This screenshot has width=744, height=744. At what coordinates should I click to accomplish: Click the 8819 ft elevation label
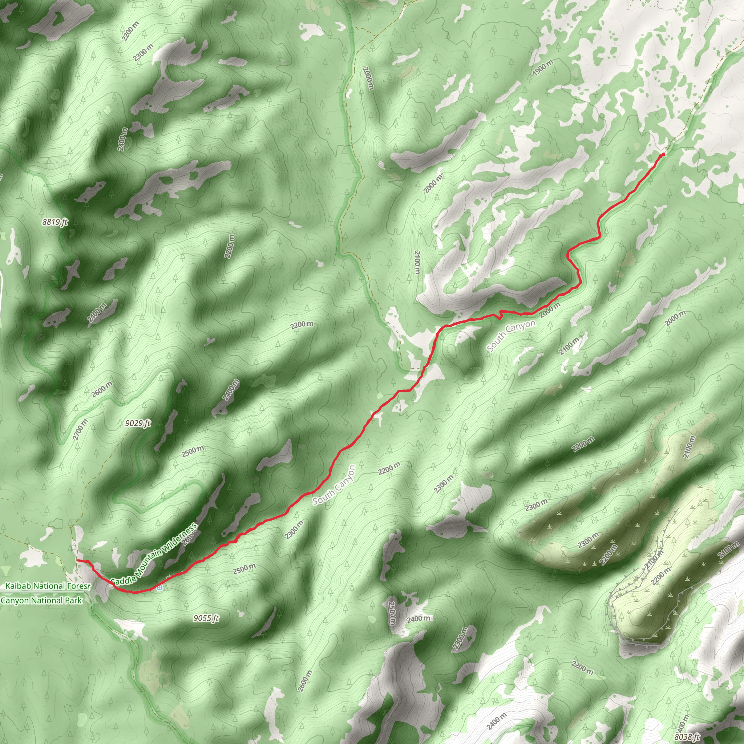point(55,222)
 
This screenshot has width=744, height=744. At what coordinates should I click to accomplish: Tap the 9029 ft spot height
point(138,424)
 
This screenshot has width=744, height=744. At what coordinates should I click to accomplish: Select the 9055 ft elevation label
point(206,618)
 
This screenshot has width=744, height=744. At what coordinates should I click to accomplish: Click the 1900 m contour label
point(543,68)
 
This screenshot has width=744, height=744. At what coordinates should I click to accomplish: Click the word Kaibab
point(18,586)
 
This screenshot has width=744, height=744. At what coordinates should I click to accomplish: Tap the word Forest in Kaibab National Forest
point(78,586)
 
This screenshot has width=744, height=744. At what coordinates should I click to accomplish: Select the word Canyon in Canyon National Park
point(15,601)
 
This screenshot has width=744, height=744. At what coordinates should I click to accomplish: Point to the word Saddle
point(122,578)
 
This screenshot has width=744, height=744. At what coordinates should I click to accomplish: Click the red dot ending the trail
point(663,154)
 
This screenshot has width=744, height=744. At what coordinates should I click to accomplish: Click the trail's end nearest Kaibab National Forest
point(77,560)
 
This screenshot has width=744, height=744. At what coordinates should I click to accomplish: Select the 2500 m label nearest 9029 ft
point(193,450)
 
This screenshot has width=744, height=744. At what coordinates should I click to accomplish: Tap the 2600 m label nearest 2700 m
point(102,389)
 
